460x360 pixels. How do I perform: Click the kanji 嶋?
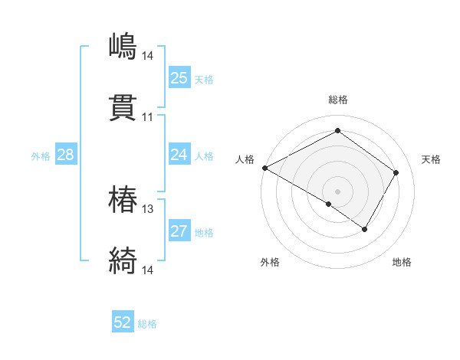coord(123,47)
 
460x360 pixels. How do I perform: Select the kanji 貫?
coord(123,109)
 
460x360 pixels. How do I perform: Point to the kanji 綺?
coord(123,261)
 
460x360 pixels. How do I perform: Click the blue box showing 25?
coord(179,78)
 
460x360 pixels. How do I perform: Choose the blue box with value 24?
coord(179,155)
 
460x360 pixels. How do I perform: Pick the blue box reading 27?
coord(179,231)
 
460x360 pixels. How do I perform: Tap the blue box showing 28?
coord(65,155)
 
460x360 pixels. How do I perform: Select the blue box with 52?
coord(123,322)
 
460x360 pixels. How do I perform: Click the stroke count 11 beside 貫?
coord(147,117)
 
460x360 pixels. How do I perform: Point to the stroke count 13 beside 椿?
coord(147,208)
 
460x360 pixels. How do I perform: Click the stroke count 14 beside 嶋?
coord(147,55)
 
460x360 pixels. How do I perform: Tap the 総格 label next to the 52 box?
coord(147,324)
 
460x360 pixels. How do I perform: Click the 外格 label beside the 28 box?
coord(41,156)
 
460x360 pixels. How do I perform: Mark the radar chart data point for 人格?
coord(264,168)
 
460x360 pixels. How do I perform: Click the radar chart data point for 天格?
coord(396,173)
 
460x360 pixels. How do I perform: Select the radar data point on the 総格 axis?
coord(337,131)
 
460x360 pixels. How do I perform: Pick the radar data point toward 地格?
coord(365,229)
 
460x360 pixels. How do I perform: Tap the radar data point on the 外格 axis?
coord(329,204)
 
